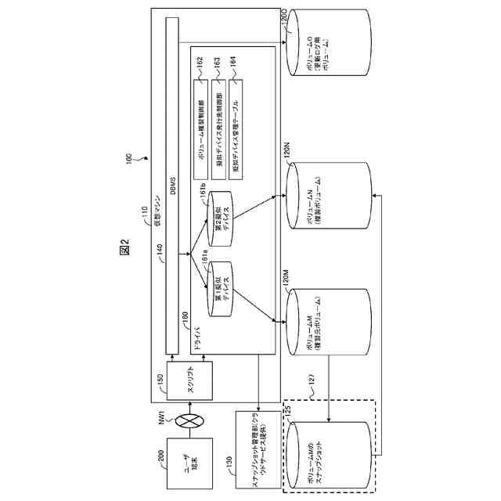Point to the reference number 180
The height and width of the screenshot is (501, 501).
(x=186, y=316)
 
